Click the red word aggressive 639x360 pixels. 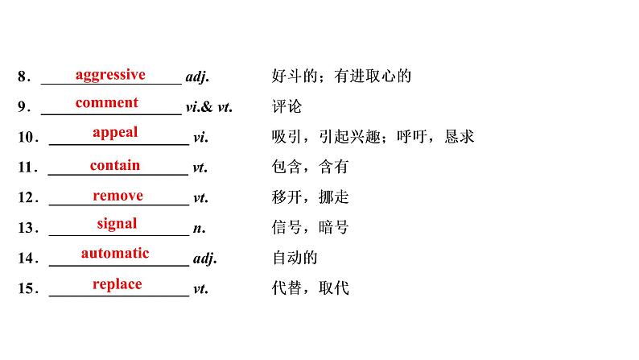click(110, 75)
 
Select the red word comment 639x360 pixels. click(107, 103)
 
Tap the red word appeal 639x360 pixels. click(115, 133)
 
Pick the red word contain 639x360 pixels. click(115, 165)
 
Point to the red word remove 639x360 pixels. click(117, 196)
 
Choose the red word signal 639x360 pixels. click(117, 224)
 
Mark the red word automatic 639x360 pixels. click(115, 253)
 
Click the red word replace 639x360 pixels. click(117, 283)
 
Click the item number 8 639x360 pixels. click(23, 78)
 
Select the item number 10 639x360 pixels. click(27, 138)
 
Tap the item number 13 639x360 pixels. click(27, 229)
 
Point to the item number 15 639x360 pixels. click(27, 288)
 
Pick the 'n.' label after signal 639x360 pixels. click(200, 229)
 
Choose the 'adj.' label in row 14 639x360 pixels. click(206, 259)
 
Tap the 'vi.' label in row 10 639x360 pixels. click(200, 138)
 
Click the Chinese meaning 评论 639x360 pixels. click(287, 107)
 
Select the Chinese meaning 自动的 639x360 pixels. click(295, 258)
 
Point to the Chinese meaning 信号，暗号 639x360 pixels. click(311, 228)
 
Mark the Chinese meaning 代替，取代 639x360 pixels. click(311, 288)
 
